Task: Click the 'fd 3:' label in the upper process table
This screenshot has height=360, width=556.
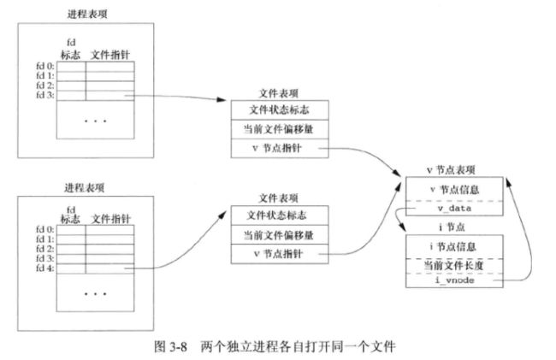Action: click(x=45, y=95)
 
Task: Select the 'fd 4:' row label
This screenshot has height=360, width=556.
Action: click(x=45, y=269)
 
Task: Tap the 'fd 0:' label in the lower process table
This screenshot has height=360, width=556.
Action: click(x=45, y=230)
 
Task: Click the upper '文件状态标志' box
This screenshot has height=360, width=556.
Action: click(x=280, y=110)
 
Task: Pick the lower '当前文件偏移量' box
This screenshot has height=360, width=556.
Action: click(x=280, y=234)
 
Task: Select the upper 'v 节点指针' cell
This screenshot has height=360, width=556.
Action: click(x=280, y=148)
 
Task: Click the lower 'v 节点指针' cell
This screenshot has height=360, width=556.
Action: click(x=280, y=254)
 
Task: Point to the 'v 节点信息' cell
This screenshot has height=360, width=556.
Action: click(x=454, y=189)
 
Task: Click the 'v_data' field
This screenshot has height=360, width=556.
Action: click(x=454, y=209)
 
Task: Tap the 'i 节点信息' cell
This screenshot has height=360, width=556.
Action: click(x=454, y=246)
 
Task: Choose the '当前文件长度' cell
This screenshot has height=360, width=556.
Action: click(x=454, y=266)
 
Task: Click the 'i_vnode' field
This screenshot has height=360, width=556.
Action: click(x=454, y=280)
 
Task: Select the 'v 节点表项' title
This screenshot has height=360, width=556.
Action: click(x=451, y=170)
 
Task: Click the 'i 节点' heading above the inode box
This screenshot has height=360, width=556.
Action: click(x=452, y=227)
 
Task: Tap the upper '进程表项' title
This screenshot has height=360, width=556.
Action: click(x=87, y=15)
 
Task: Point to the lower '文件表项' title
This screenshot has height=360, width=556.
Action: click(x=279, y=198)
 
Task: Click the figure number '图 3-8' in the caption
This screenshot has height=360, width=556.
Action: click(x=170, y=346)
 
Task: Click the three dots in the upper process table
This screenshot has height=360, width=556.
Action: click(x=96, y=121)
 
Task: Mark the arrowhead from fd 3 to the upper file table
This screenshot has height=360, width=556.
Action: click(x=222, y=99)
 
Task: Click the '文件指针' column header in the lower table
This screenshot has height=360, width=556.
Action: click(x=111, y=219)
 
